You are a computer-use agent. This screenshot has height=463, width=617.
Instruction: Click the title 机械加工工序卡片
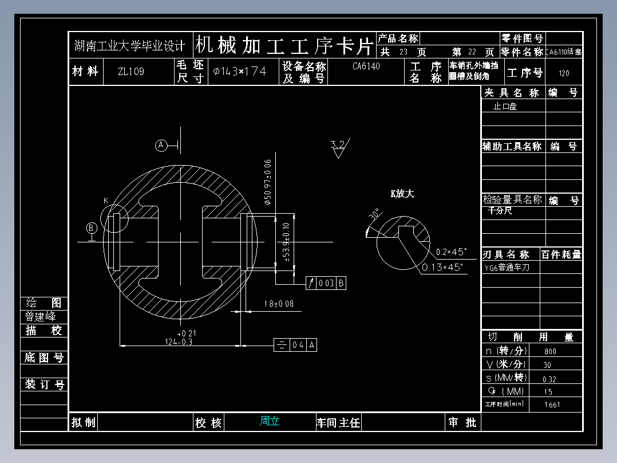pyautogui.click(x=284, y=45)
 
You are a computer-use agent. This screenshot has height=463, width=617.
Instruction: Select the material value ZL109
pyautogui.click(x=131, y=72)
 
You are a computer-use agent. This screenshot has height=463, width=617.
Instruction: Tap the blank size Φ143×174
pyautogui.click(x=240, y=72)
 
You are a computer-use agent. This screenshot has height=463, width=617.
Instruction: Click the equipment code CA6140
pyautogui.click(x=366, y=66)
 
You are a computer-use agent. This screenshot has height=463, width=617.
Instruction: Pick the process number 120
pyautogui.click(x=564, y=73)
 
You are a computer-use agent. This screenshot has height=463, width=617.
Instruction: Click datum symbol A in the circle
pyautogui.click(x=161, y=146)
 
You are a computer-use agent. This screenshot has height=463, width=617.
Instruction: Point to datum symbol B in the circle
pyautogui.click(x=92, y=228)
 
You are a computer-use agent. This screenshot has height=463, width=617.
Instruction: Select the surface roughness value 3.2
pyautogui.click(x=338, y=144)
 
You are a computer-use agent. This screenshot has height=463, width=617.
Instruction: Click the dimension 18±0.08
pyautogui.click(x=279, y=304)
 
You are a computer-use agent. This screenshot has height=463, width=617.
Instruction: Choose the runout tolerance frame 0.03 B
pyautogui.click(x=326, y=283)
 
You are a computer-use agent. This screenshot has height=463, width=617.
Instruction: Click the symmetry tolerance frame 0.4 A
pyautogui.click(x=296, y=345)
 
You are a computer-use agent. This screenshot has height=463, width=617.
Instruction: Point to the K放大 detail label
pyautogui.click(x=402, y=194)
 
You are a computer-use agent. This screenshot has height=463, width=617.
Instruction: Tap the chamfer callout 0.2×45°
pyautogui.click(x=452, y=252)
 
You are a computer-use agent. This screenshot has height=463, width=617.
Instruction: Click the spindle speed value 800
pyautogui.click(x=550, y=351)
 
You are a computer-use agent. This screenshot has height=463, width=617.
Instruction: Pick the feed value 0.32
pyautogui.click(x=549, y=379)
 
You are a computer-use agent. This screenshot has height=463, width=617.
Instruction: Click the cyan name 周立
pyautogui.click(x=270, y=421)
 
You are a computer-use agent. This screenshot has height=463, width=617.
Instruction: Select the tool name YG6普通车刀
pyautogui.click(x=507, y=268)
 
